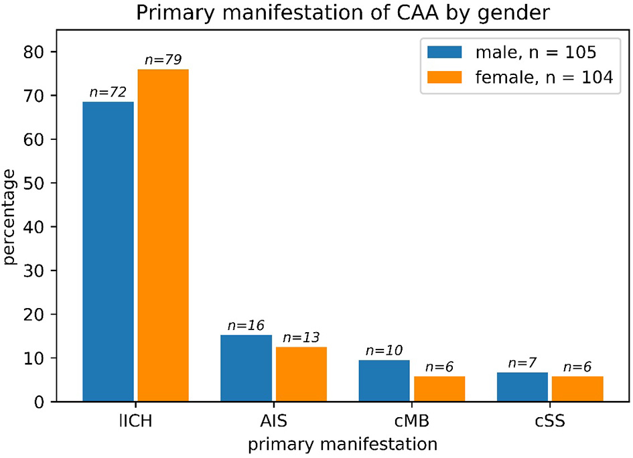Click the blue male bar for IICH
108,252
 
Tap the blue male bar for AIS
246,368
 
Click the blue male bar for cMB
384,381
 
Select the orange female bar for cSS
577,389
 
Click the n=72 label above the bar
108,92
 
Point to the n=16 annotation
246,325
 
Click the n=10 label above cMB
384,351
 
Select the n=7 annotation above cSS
522,363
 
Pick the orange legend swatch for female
443,78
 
